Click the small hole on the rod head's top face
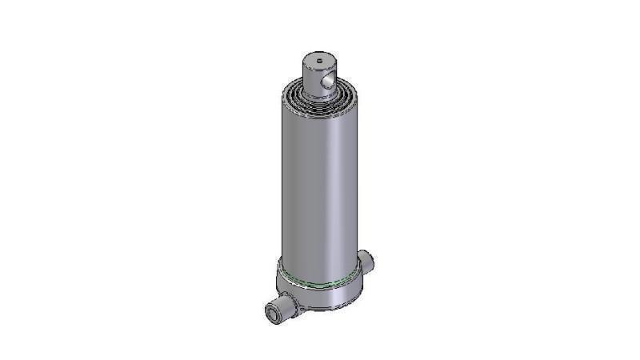pos(318,58)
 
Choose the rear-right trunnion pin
pos(366,261)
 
